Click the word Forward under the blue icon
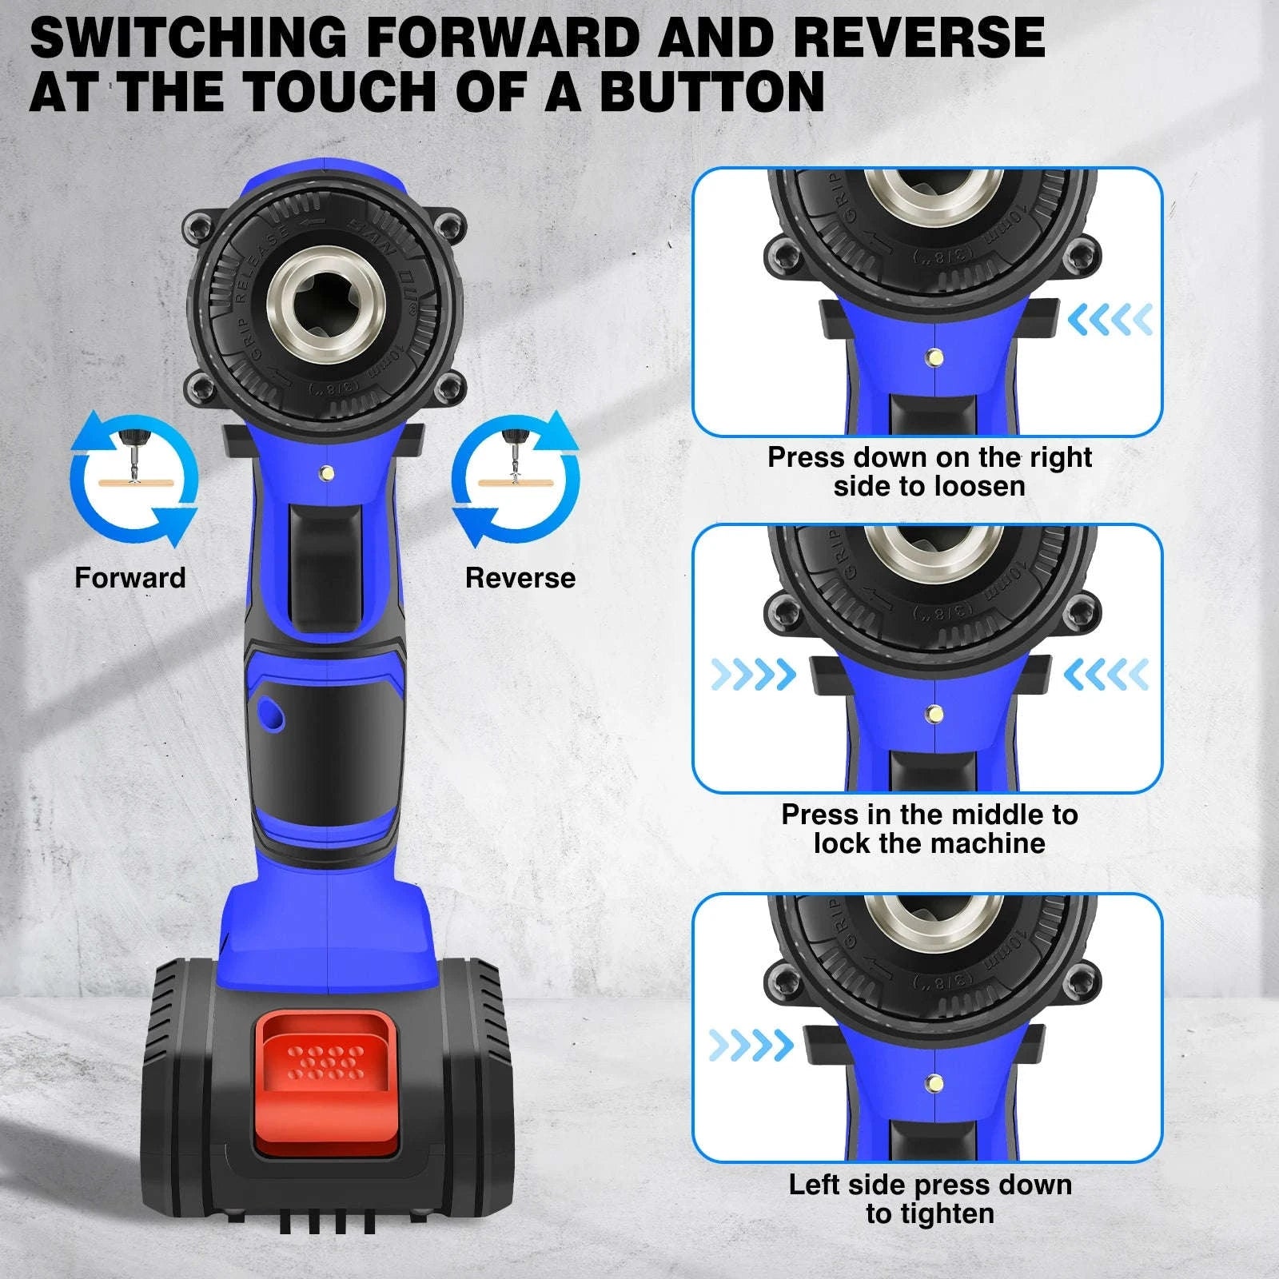129,577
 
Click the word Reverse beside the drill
520,578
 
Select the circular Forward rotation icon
133,479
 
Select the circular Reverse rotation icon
516,479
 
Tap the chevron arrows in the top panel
1110,320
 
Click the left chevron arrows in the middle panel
753,675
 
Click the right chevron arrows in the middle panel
1106,675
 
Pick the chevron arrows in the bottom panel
751,1045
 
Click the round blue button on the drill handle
270,713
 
